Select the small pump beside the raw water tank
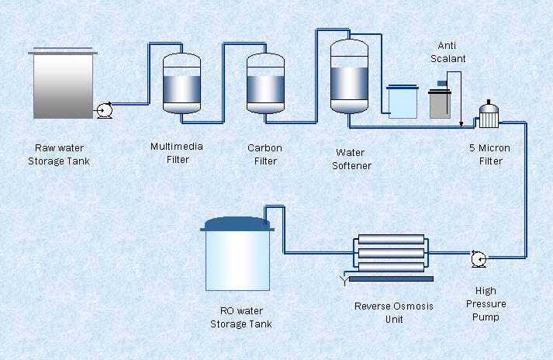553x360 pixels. [x=104, y=111]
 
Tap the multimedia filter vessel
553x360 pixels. [x=181, y=82]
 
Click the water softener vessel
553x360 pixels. [x=348, y=76]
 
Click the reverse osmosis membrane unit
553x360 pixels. [x=390, y=254]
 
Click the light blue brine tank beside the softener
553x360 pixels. [x=403, y=101]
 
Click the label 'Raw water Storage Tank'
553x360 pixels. [x=59, y=154]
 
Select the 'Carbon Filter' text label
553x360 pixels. [x=264, y=154]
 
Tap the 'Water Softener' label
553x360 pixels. [x=351, y=159]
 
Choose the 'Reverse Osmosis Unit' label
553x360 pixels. [x=393, y=312]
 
